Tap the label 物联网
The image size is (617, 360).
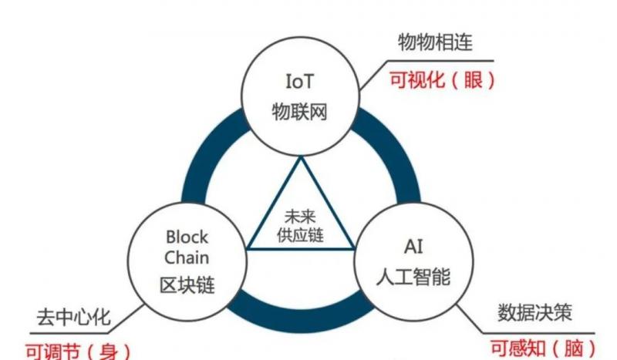tap(300, 111)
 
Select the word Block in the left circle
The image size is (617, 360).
tap(187, 237)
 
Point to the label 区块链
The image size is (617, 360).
tap(187, 286)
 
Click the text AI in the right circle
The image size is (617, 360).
tap(413, 247)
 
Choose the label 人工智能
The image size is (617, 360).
tap(413, 275)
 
